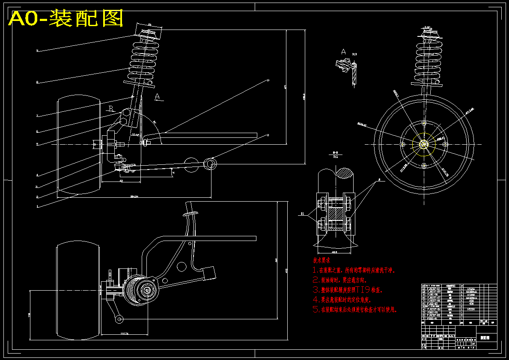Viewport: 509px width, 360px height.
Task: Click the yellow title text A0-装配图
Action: click(66, 18)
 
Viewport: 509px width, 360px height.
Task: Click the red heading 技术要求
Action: click(321, 260)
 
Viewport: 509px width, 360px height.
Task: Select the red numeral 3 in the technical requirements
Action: click(316, 290)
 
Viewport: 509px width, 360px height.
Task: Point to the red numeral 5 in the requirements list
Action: click(316, 309)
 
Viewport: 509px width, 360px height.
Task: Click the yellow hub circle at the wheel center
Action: click(423, 144)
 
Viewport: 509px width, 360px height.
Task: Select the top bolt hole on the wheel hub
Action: click(423, 123)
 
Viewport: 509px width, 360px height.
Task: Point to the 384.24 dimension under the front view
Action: click(134, 196)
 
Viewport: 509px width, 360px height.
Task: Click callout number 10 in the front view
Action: click(268, 80)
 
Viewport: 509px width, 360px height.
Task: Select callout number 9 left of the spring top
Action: click(37, 51)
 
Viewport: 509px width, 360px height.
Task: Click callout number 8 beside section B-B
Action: click(378, 180)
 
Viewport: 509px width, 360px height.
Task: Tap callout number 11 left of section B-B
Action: click(302, 213)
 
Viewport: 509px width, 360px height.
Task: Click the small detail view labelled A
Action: click(346, 68)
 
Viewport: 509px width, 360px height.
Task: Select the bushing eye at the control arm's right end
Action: click(210, 163)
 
